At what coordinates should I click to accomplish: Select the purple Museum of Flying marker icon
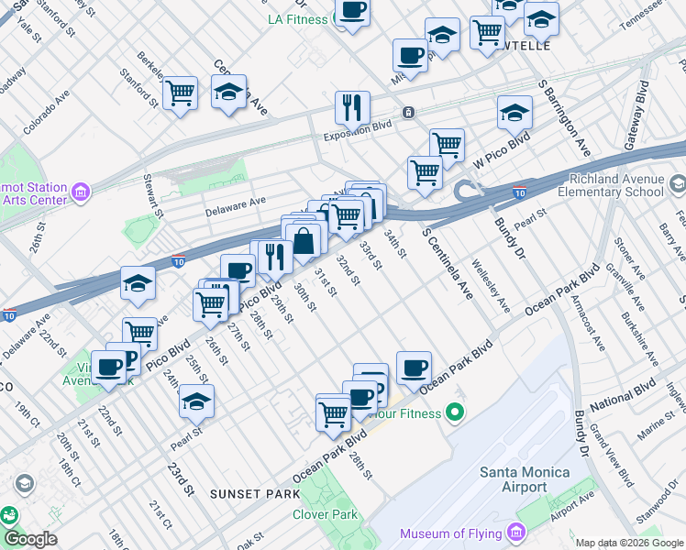tap(516, 533)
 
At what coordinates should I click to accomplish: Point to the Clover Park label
tap(325, 514)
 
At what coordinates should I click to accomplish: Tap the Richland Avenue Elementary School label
tap(616, 185)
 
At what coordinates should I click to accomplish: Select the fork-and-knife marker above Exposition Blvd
tap(352, 108)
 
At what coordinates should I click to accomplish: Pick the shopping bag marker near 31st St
tap(304, 242)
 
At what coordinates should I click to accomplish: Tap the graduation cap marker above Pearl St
tap(195, 401)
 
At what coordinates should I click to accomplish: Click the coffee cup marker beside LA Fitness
tap(351, 11)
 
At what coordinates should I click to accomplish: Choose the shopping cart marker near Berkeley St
tap(181, 92)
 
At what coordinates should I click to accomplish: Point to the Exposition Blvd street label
tap(357, 130)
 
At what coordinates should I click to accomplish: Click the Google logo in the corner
tap(29, 539)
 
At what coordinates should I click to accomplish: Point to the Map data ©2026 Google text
tap(629, 543)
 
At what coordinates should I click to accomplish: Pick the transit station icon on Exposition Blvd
tap(409, 113)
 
